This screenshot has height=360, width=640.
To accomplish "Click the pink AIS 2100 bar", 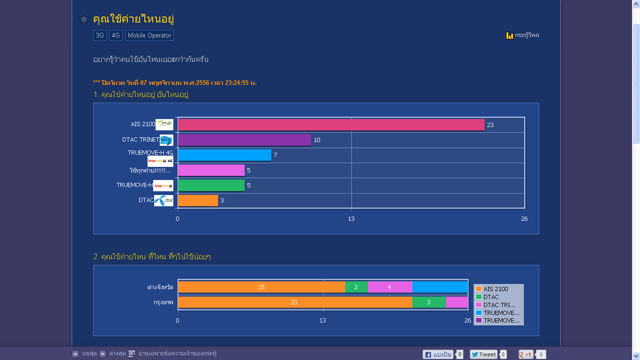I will point(331,125).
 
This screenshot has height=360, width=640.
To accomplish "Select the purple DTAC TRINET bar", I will point(244,140).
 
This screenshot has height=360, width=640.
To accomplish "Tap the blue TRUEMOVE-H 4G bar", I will point(224,155).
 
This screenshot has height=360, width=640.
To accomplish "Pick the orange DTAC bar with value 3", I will point(198,201).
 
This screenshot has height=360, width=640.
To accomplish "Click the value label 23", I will point(490,125).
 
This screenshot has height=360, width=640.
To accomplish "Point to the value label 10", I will point(317,140).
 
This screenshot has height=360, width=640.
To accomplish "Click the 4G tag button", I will point(116,35).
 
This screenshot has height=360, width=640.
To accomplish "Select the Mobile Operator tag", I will point(149,35).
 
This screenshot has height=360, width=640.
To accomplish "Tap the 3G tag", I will point(100,35).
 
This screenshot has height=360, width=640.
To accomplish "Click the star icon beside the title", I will point(84,19).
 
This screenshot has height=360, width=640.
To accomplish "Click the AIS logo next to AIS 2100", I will point(164,124).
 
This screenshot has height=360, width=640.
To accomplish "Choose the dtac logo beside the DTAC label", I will point(164,200).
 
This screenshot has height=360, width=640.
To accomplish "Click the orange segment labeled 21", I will point(295,302).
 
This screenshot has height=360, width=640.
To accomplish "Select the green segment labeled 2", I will point(356,287).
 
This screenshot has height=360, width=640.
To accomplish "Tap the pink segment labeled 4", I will point(389,287).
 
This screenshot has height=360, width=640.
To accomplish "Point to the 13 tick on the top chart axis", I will point(351,218).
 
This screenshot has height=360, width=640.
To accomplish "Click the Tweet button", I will point(484,354).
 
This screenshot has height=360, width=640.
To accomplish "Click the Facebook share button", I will point(438,354).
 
